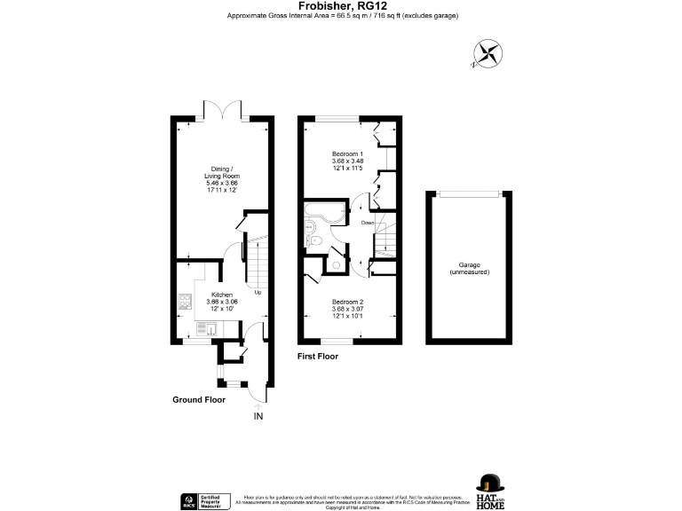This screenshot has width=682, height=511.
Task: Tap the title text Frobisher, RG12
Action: pos(341,5)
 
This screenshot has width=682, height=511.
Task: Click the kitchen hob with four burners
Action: pos(186,303)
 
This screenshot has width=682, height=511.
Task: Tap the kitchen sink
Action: pos(202,328)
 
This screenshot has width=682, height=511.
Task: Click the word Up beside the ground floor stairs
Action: pos(258,292)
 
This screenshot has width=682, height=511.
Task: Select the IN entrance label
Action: pos(258,416)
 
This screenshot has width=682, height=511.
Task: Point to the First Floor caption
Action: pos(318,356)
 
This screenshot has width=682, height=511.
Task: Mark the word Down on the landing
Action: pos(367,224)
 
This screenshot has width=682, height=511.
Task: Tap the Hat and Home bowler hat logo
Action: pos(490,483)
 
